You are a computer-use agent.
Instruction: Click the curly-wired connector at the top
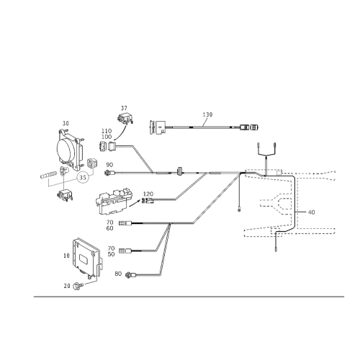coord(124,117)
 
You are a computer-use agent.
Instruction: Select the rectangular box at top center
coord(156,128)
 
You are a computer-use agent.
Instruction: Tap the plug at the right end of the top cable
coord(248,128)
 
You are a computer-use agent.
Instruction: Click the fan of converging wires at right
coord(277,205)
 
